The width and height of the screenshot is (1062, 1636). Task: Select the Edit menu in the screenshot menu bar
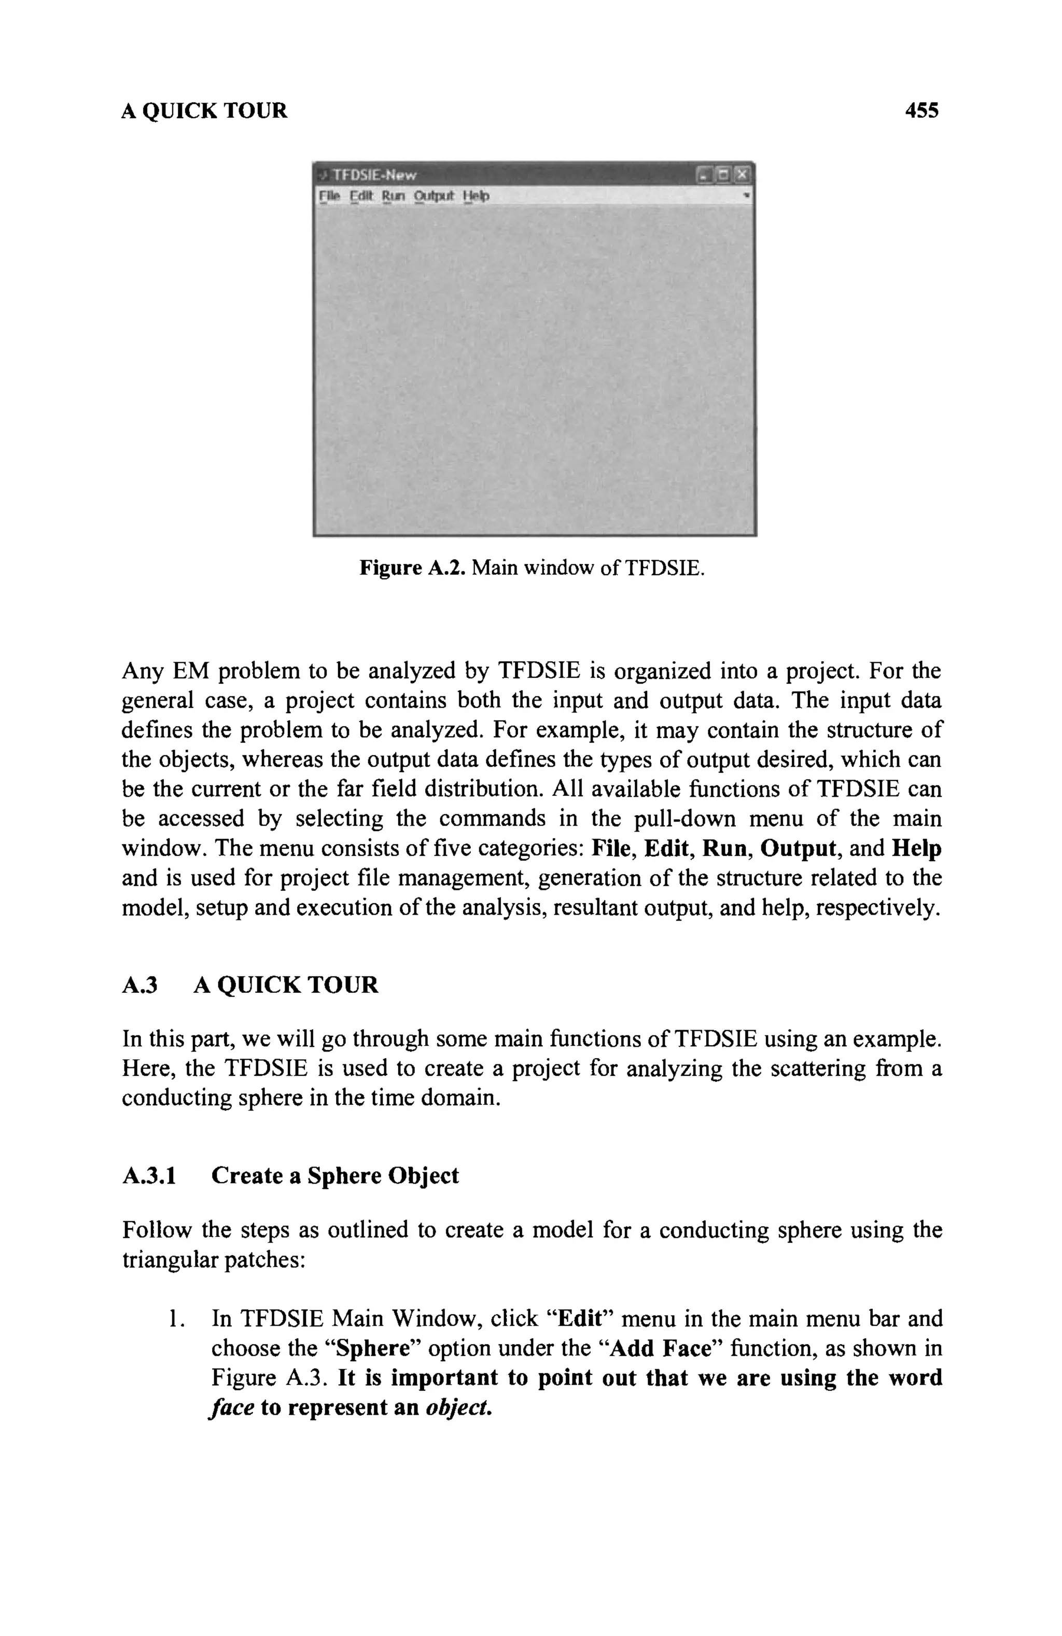pyautogui.click(x=361, y=196)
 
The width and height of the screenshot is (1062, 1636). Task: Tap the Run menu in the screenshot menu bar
pyautogui.click(x=394, y=196)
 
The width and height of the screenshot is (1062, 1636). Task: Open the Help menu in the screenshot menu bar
pyautogui.click(x=476, y=196)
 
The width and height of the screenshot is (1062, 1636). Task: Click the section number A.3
pyautogui.click(x=139, y=985)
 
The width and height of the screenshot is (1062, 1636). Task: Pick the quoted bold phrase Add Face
pyautogui.click(x=660, y=1349)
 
